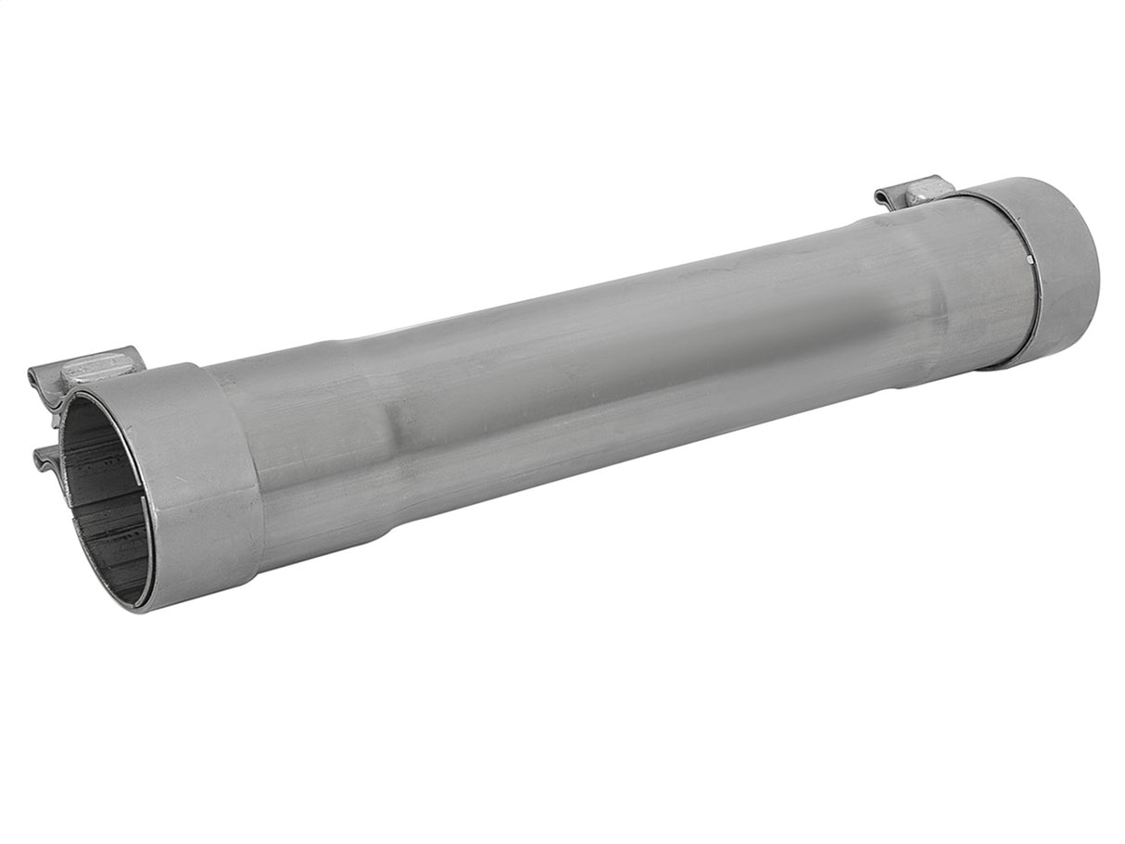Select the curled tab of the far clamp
(x=885, y=197)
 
